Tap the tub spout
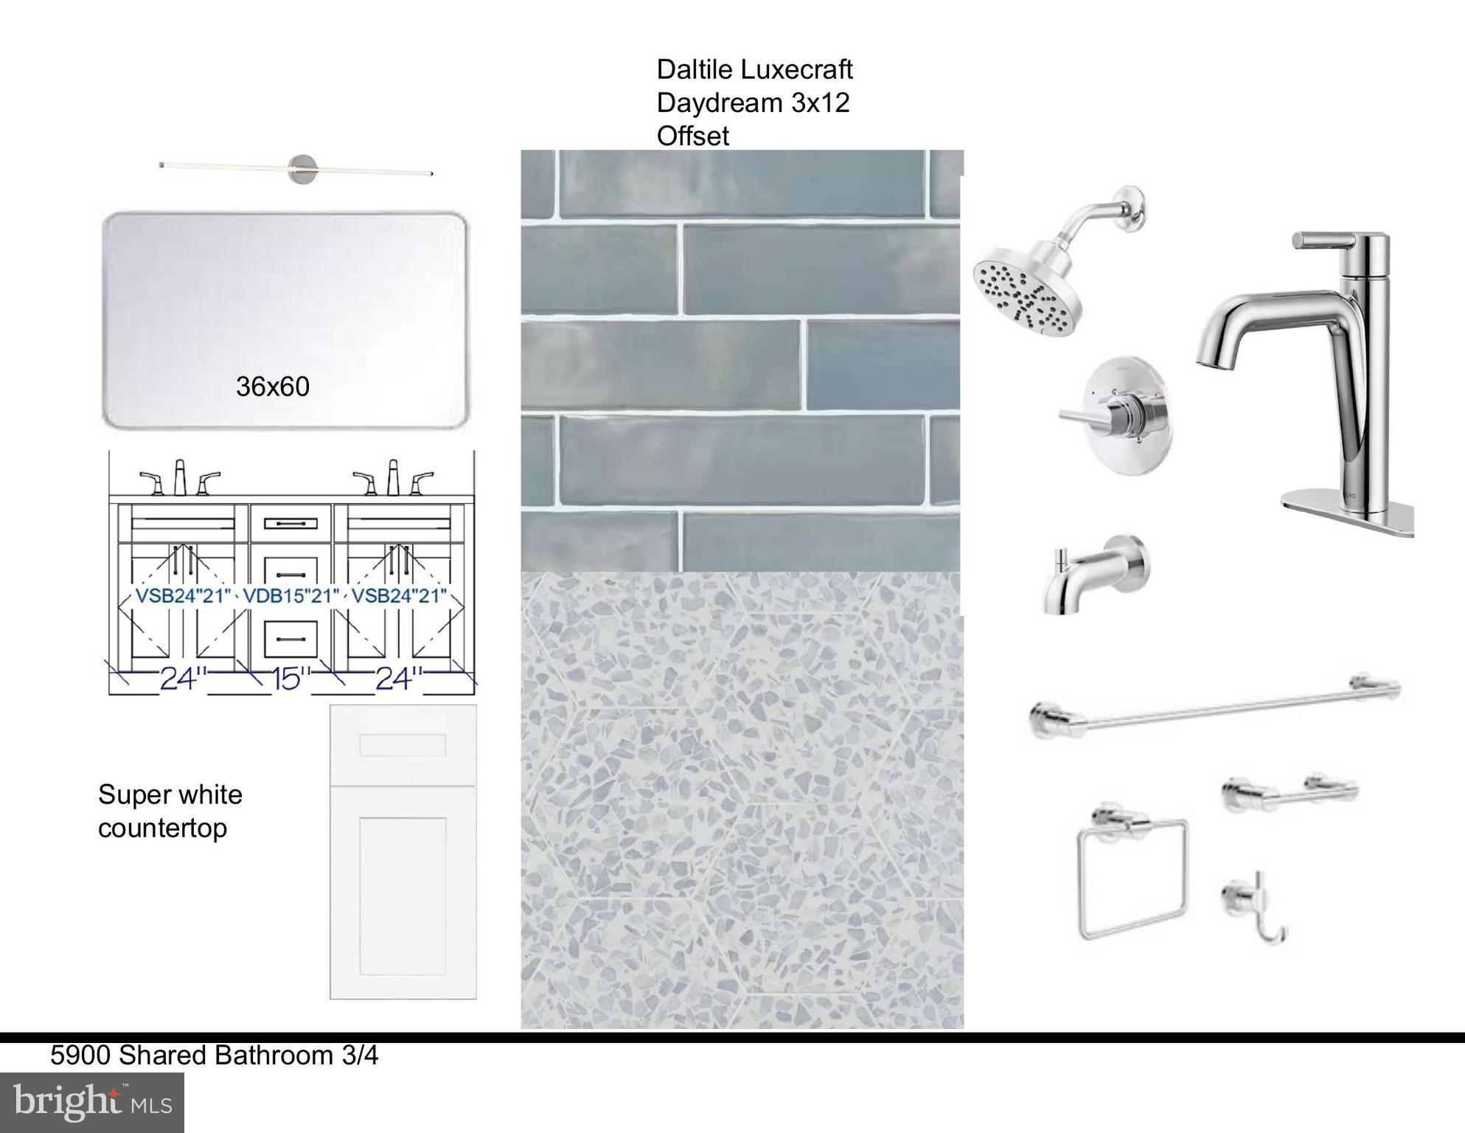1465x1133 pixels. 1095,575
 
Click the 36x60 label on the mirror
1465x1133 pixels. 273,387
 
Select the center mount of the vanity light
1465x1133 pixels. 302,170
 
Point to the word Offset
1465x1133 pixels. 692,136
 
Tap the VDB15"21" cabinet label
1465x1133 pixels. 291,595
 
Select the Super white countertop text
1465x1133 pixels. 170,811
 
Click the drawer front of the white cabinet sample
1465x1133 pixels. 403,745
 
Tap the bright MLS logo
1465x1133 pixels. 92,1103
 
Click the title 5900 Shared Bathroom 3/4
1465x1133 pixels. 215,1056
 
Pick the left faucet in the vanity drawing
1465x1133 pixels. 180,479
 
